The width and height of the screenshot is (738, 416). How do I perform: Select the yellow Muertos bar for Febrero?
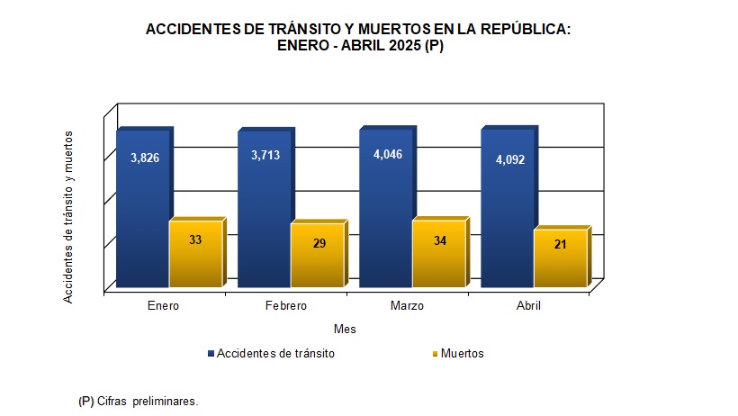[317, 257]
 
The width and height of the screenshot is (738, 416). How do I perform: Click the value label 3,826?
[145, 158]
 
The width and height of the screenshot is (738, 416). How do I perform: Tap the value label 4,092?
[509, 160]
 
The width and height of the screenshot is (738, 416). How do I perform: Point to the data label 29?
[319, 243]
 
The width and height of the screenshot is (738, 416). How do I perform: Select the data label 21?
[560, 244]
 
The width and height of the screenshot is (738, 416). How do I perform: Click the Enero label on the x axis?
[164, 306]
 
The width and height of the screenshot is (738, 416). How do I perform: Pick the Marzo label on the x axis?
[407, 306]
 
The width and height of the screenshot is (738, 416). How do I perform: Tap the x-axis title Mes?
[344, 330]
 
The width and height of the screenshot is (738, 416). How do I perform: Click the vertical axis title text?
[68, 216]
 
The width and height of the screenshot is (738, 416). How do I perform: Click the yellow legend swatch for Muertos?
[436, 354]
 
